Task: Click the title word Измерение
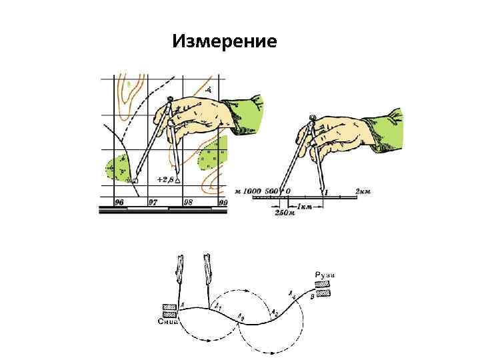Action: pyautogui.click(x=224, y=42)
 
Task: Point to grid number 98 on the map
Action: pyautogui.click(x=188, y=201)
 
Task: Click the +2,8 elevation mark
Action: pyautogui.click(x=165, y=179)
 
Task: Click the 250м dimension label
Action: pyautogui.click(x=283, y=213)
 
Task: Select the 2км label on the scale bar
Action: pyautogui.click(x=363, y=192)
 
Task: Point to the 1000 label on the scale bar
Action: pyautogui.click(x=253, y=191)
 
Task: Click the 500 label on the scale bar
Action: pyautogui.click(x=271, y=191)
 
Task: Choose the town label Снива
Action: pyautogui.click(x=169, y=321)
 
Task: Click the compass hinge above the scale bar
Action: pyautogui.click(x=311, y=120)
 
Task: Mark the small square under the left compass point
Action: pyautogui.click(x=135, y=181)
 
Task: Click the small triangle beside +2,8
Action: pyautogui.click(x=178, y=180)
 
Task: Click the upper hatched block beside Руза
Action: pyautogui.click(x=322, y=284)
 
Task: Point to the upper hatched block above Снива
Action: pyautogui.click(x=169, y=307)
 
